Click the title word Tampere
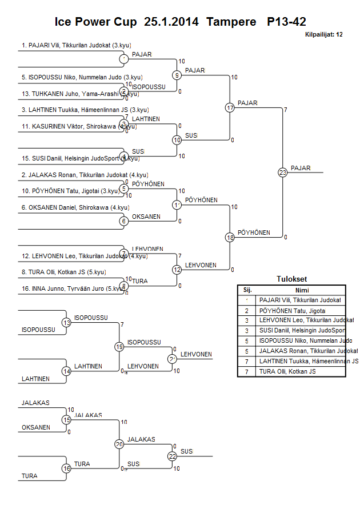pos(231,22)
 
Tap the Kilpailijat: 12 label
pos(324,34)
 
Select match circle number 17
pos(230,107)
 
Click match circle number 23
pos(283,172)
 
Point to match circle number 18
pos(230,237)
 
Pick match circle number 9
pos(177,75)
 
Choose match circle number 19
pos(119,346)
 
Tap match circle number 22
pos(172,456)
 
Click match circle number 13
pos(66,323)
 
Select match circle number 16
pos(66,468)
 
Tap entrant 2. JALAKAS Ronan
pos(85,175)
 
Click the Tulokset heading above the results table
pos(291,279)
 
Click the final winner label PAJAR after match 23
pos(301,168)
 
